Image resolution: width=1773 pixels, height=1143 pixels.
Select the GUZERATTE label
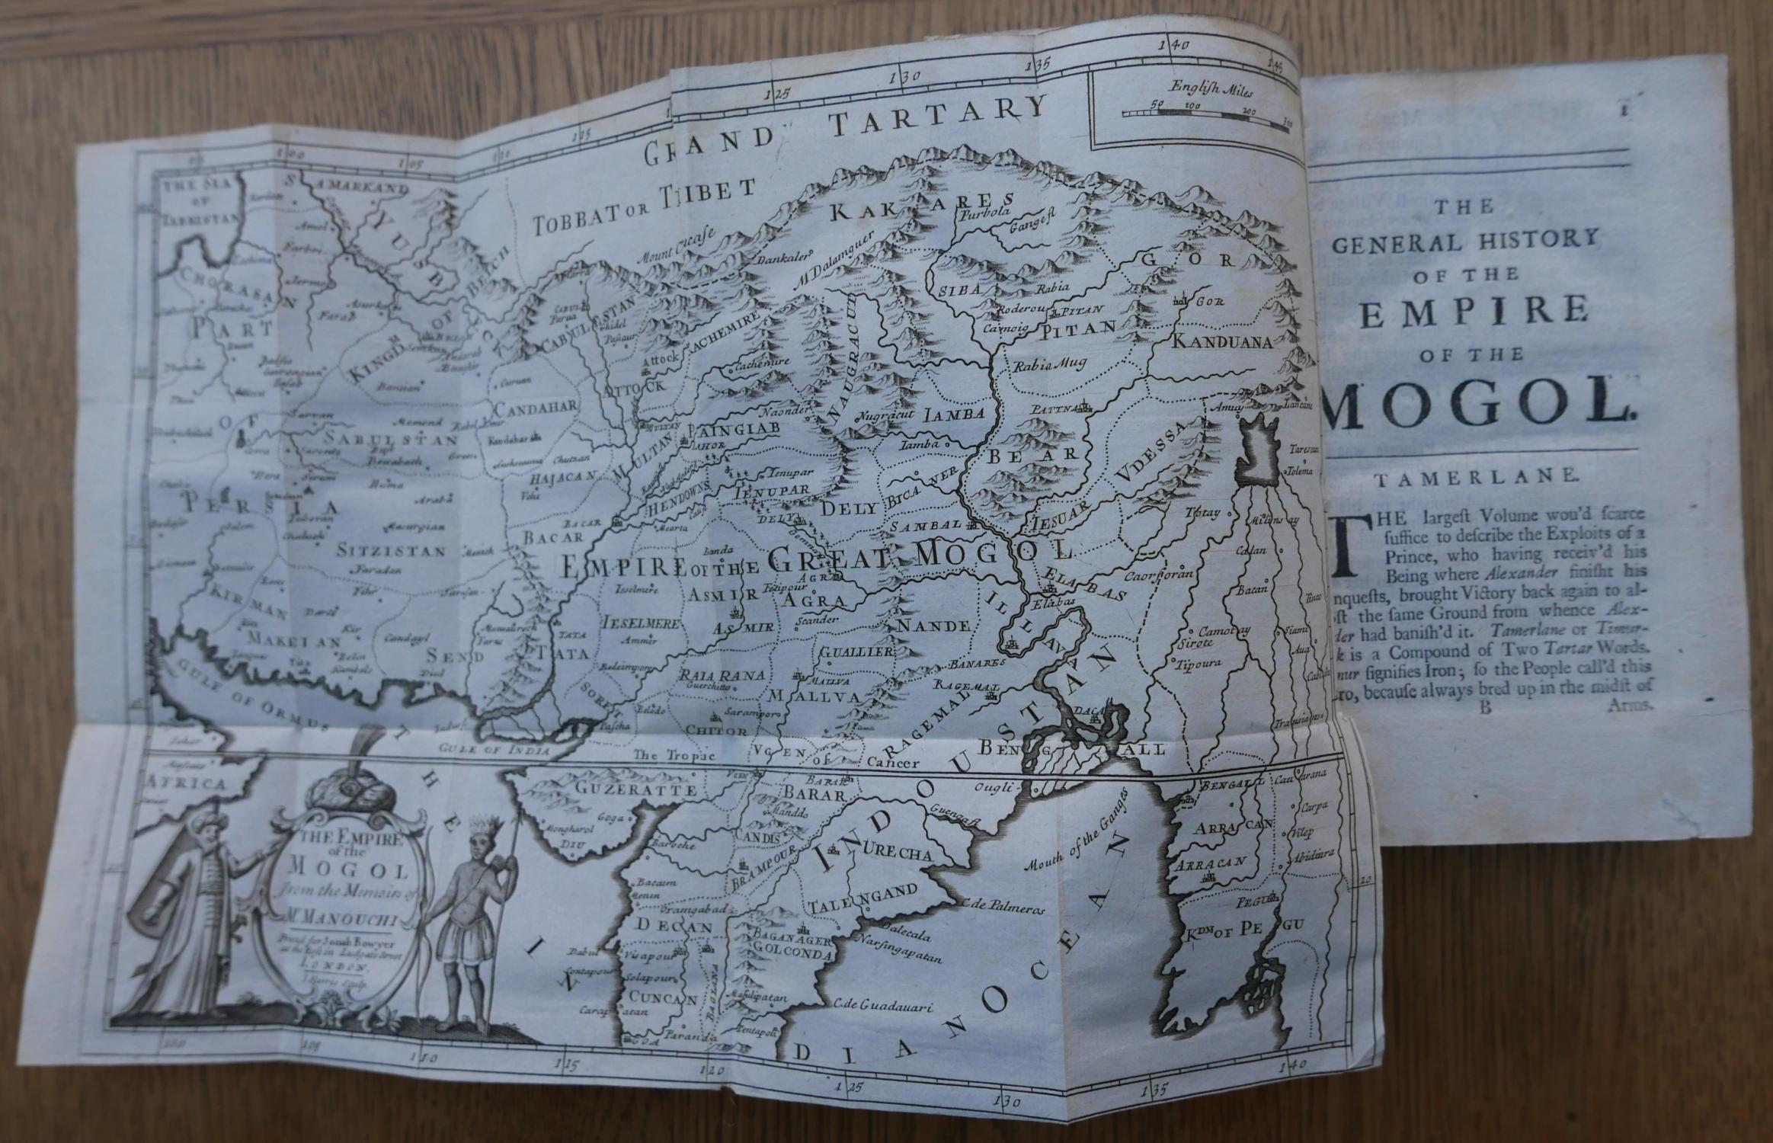pyautogui.click(x=637, y=790)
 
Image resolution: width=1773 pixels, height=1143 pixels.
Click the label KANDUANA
pyautogui.click(x=1221, y=342)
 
